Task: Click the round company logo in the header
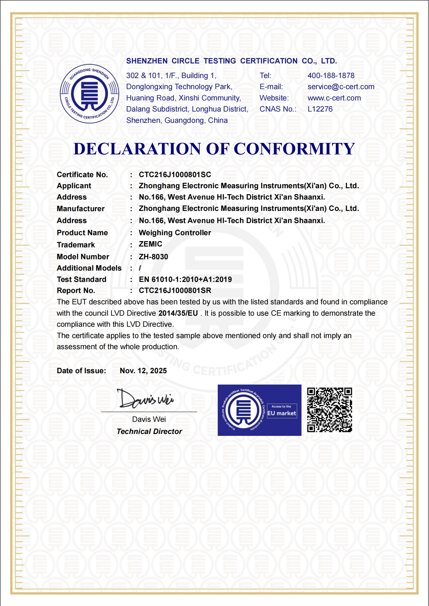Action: [x=89, y=94]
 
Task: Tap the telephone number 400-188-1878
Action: [x=331, y=76]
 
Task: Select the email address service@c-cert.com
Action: [x=341, y=87]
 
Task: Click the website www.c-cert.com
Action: [x=334, y=98]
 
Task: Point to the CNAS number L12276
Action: [x=320, y=109]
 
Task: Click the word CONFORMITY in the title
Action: [x=294, y=149]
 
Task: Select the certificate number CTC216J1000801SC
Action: [x=175, y=175]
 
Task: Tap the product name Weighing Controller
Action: [x=175, y=233]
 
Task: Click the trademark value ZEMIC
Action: [x=150, y=244]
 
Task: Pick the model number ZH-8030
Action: [x=153, y=257]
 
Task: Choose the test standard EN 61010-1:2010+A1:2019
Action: [x=185, y=280]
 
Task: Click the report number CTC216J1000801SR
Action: [x=175, y=291]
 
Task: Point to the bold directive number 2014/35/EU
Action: [x=178, y=313]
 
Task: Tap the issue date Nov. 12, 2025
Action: [x=143, y=371]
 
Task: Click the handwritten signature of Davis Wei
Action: [x=145, y=399]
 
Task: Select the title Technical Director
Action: [x=149, y=432]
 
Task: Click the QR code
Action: [x=330, y=410]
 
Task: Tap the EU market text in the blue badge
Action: [x=282, y=413]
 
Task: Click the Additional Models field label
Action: [x=89, y=268]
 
